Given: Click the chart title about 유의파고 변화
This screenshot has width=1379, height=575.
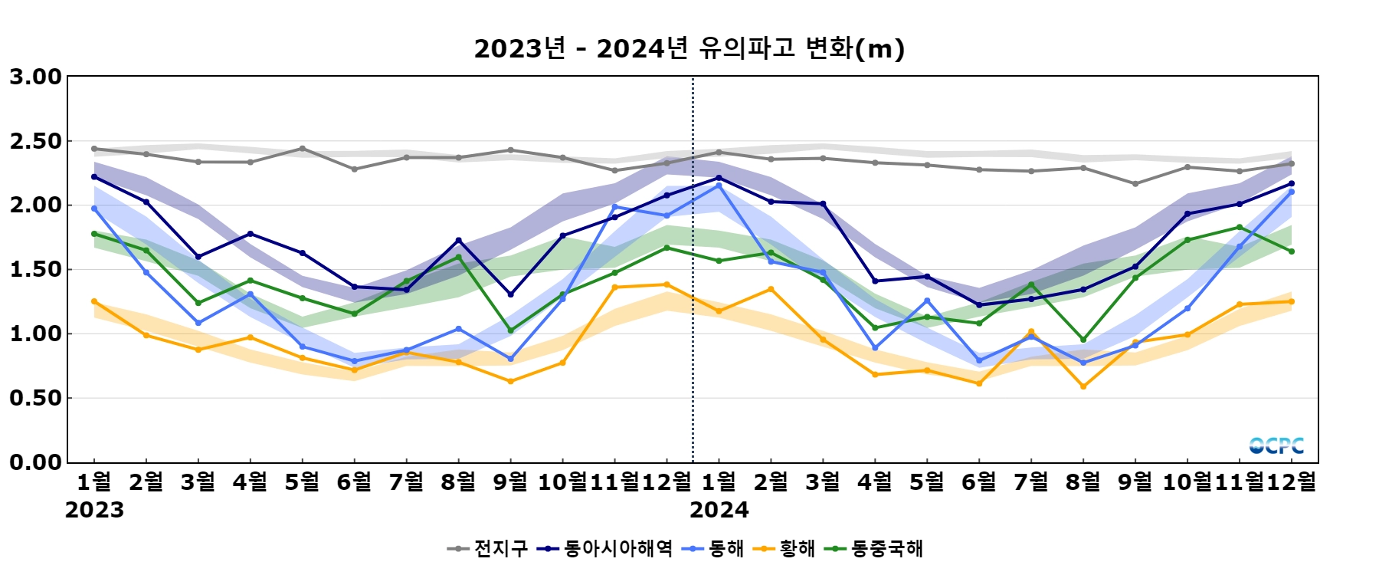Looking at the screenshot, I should point(689,49).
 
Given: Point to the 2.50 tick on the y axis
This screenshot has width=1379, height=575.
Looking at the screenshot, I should point(35,141).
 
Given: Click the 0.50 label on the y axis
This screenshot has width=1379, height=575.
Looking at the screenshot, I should point(35,398).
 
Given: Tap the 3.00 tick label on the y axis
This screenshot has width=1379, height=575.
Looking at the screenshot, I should point(35,77).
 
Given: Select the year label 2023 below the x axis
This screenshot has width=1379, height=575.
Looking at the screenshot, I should point(94,510).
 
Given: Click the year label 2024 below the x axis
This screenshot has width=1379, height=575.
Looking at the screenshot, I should point(719,510).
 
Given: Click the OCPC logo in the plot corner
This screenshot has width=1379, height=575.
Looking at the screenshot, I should point(1276,445).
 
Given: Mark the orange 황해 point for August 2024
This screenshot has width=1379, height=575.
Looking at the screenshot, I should point(1083,386).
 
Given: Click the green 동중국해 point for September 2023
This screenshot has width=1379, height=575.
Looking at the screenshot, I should point(511,330).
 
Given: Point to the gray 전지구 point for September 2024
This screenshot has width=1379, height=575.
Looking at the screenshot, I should point(1135,184).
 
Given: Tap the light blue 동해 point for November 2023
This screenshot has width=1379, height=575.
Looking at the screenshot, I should point(614,207).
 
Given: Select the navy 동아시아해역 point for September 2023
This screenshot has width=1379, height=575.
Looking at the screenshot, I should point(511,294).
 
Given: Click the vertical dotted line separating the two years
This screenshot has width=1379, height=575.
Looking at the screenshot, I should point(693,307).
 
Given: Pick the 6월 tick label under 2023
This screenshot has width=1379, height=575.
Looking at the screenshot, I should point(354,481).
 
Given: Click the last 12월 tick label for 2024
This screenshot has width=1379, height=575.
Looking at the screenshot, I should point(1292,481).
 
